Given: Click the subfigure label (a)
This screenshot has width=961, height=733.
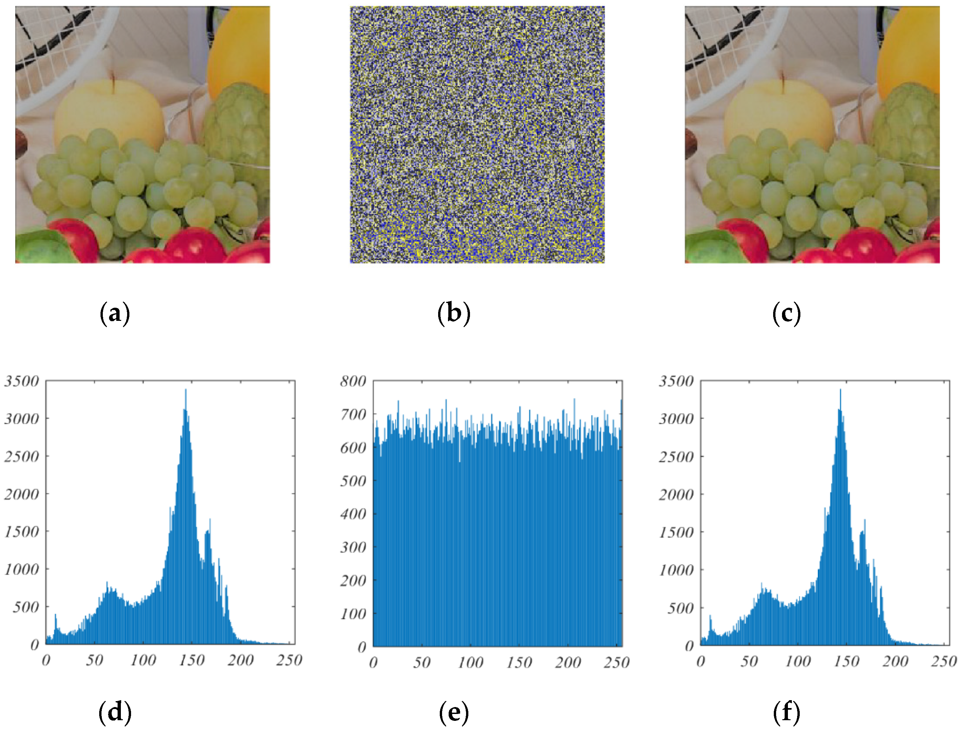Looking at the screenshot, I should [115, 314].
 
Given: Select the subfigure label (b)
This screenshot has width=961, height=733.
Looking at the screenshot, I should [454, 314].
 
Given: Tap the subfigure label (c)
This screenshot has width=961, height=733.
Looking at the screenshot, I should [787, 314].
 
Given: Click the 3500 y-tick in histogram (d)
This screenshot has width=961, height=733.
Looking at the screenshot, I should [22, 381].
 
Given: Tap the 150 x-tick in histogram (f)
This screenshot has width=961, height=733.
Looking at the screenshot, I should [846, 662].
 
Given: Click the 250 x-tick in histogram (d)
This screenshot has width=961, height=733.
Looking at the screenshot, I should [289, 660].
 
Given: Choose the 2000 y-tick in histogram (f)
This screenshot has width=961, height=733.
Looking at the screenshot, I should [676, 494].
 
